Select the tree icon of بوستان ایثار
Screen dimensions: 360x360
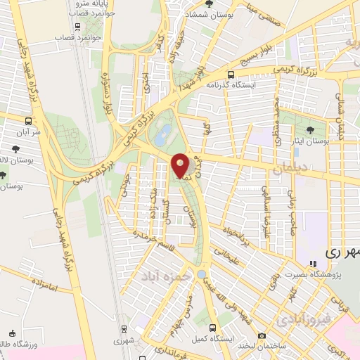click(311, 129)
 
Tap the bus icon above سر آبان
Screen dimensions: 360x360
click(28, 120)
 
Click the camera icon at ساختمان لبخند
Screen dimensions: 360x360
click(262, 335)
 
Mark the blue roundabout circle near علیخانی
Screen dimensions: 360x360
click(202, 275)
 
